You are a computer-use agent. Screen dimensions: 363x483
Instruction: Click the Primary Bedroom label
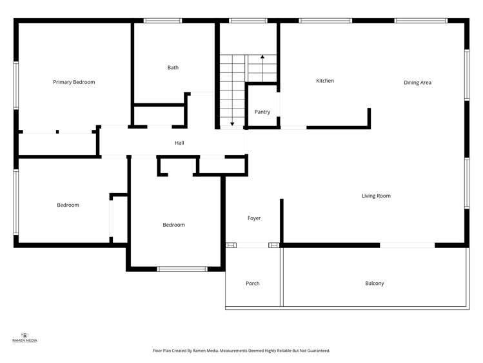coord(74,82)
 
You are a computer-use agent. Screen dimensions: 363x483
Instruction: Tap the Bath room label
coord(173,67)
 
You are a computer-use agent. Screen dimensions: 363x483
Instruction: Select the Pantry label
coord(262,112)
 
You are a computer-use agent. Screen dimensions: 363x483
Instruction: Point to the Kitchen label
coord(325,81)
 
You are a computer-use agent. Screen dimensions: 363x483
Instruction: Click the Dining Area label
coord(417,83)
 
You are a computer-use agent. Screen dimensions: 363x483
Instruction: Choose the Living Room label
coord(376,196)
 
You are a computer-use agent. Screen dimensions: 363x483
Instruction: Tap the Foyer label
coord(254,218)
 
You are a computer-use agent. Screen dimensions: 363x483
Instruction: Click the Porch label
coord(253,284)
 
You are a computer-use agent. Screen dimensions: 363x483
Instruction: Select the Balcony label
coord(375,284)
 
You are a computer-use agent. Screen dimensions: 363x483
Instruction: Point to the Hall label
coord(179,143)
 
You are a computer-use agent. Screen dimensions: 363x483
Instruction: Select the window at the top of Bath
coord(163,21)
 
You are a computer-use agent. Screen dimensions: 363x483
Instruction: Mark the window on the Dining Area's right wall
coord(466,75)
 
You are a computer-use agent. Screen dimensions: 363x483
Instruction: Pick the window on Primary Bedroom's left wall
coord(16,85)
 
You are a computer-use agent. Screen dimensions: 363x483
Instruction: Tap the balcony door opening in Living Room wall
coord(407,245)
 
